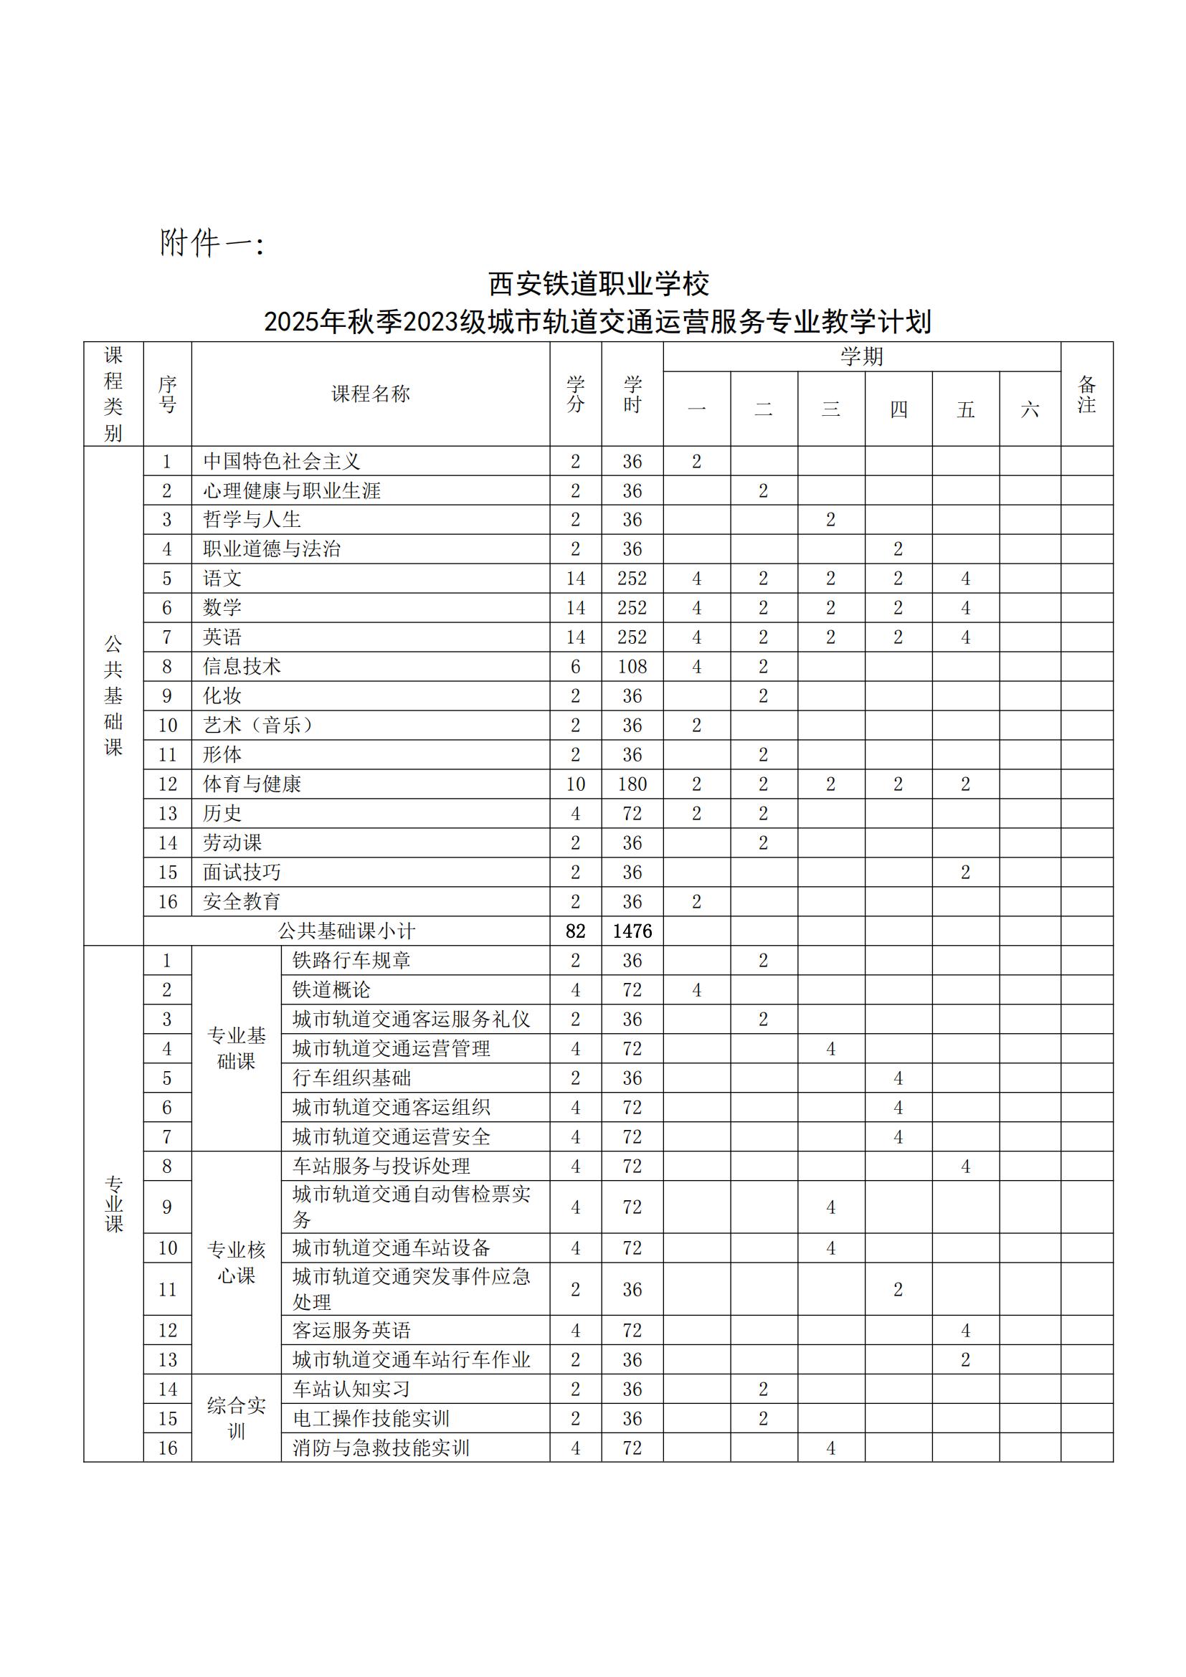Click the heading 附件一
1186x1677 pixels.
click(211, 243)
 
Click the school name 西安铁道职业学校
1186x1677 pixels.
click(598, 284)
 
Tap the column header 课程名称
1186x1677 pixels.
click(370, 394)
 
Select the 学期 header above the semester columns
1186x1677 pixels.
click(861, 356)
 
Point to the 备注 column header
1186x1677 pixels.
click(1086, 394)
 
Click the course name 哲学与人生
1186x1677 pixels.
click(252, 519)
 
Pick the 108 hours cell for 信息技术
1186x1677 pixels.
click(632, 666)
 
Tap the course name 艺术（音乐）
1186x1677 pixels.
click(260, 726)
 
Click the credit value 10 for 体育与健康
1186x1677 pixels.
click(576, 784)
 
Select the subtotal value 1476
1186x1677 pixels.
click(632, 931)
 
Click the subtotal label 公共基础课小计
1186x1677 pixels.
click(346, 931)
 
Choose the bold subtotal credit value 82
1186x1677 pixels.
click(576, 931)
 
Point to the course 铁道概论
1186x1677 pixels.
click(331, 989)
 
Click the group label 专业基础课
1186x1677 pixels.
click(237, 1048)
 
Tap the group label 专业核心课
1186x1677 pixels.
click(237, 1263)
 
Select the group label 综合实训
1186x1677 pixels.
click(237, 1417)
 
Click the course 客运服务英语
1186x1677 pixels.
click(352, 1330)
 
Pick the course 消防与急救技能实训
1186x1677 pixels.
click(381, 1448)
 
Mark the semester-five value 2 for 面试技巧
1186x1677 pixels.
click(964, 872)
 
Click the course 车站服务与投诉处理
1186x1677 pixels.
click(381, 1166)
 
